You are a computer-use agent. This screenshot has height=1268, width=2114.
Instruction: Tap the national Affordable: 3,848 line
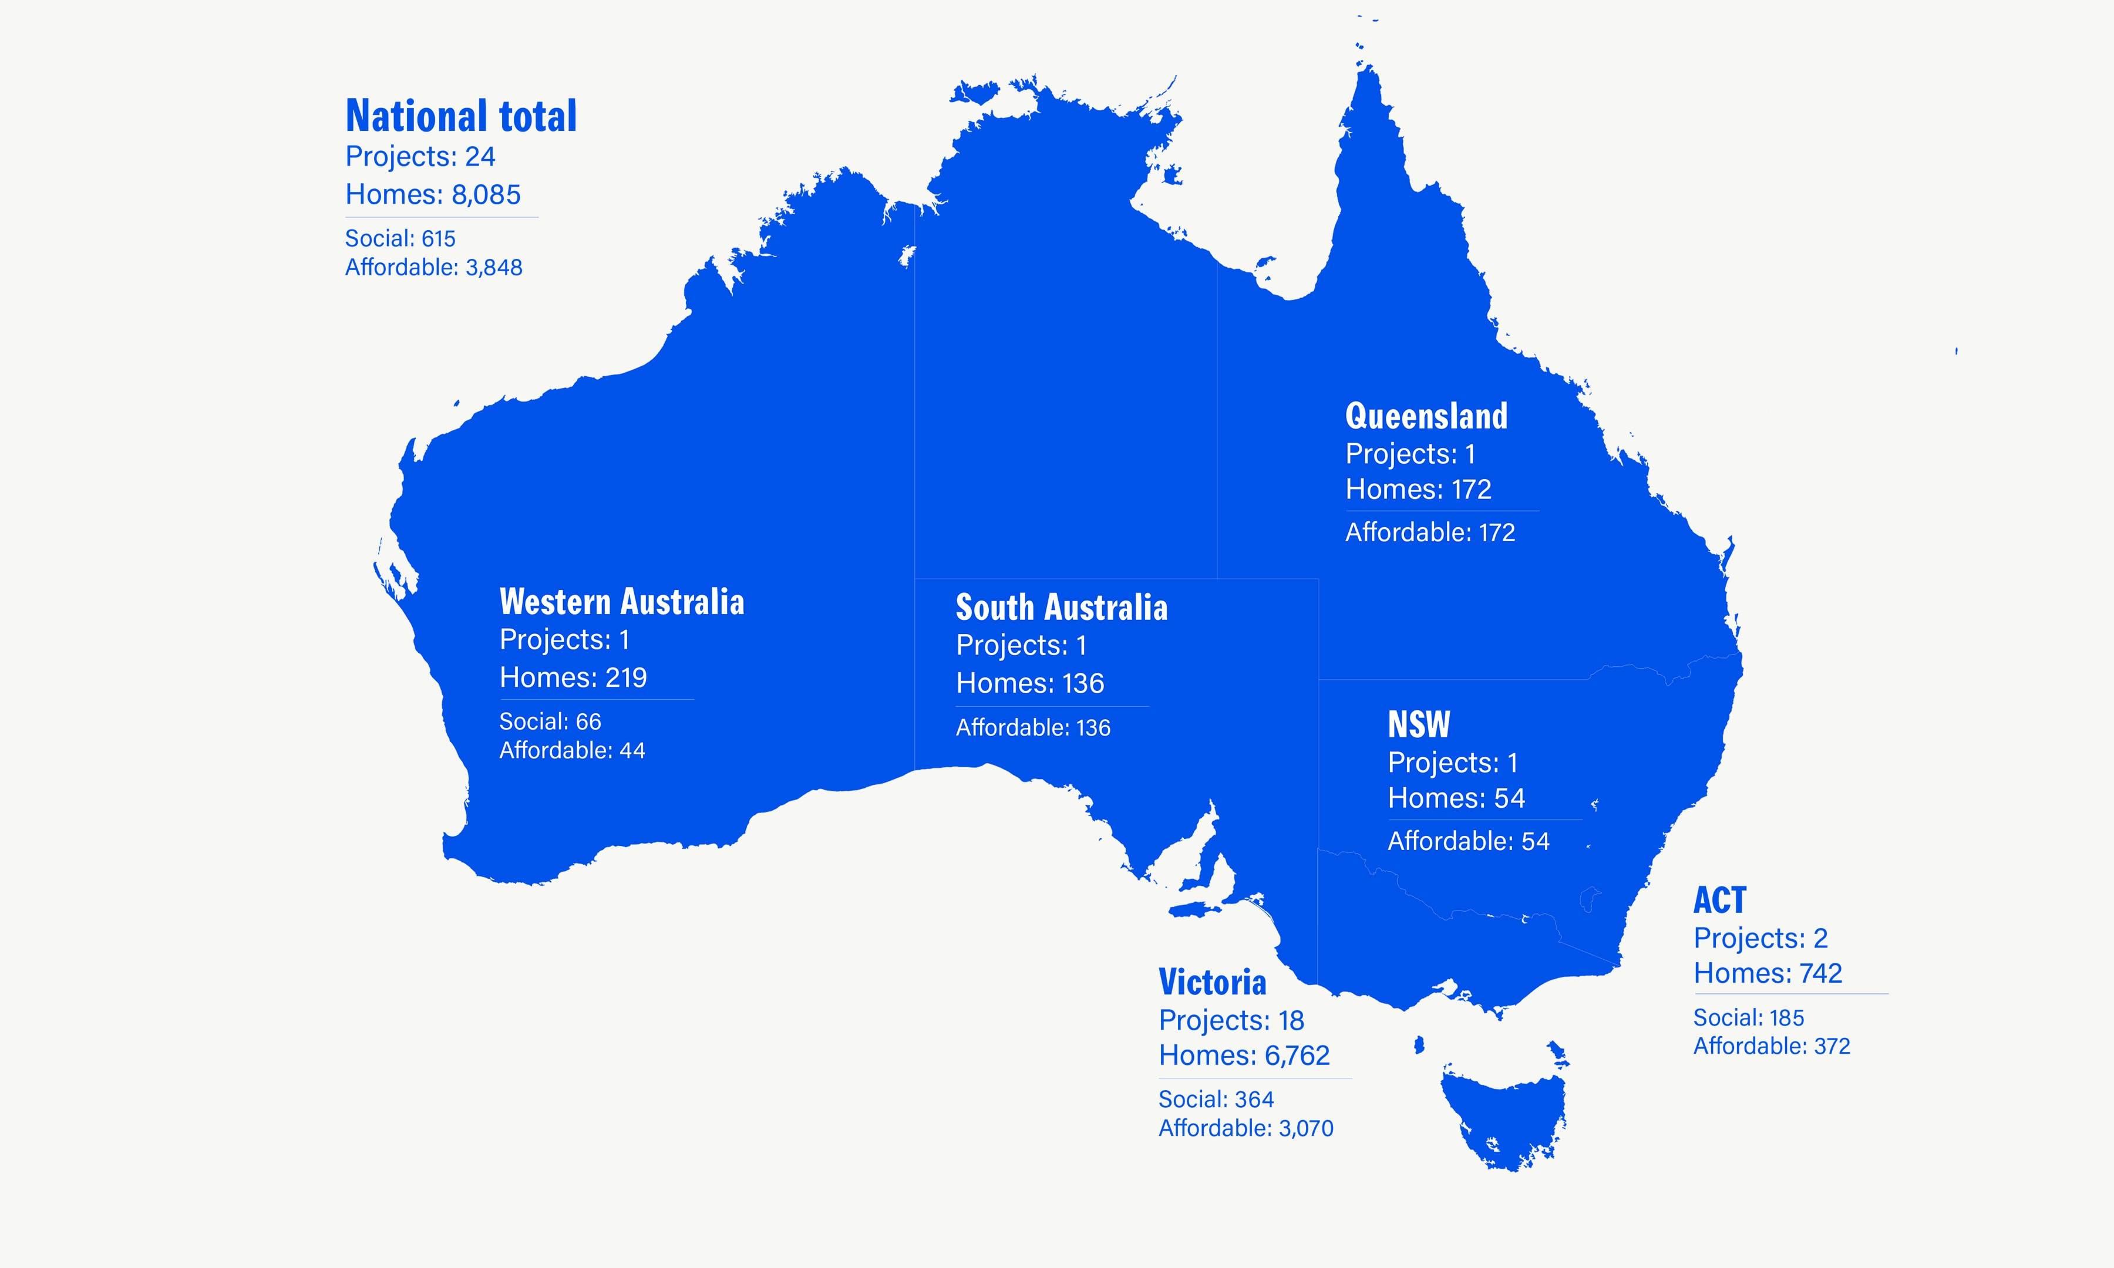tap(433, 268)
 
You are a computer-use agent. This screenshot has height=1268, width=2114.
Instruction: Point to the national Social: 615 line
tap(400, 238)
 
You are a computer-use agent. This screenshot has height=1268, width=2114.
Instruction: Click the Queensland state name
tap(1426, 416)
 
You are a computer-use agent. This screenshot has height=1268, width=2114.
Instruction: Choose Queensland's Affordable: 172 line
tap(1429, 532)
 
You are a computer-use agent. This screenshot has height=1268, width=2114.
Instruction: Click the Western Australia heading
tap(621, 602)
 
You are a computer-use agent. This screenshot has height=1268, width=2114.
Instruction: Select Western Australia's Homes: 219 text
tap(573, 677)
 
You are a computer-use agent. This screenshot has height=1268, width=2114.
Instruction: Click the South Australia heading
tap(1061, 608)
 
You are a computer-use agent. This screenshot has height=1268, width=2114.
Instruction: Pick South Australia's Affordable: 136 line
tap(1032, 728)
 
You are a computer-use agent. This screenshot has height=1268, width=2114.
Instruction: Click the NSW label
tap(1419, 724)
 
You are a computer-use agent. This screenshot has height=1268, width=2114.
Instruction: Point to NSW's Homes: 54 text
tap(1456, 798)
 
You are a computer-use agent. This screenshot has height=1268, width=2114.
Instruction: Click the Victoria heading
tap(1211, 983)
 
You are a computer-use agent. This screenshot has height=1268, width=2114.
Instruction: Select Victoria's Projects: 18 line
tap(1230, 1020)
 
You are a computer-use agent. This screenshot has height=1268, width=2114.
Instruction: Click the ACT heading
tap(1719, 901)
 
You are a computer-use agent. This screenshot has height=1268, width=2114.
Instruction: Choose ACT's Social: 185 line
tap(1748, 1018)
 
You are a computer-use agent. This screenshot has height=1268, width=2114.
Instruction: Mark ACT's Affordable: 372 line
tap(1771, 1046)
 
